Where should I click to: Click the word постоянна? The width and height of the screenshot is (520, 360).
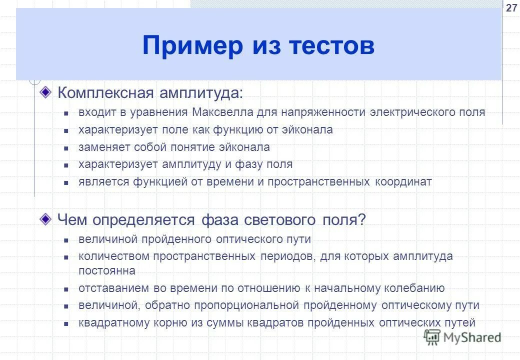106,270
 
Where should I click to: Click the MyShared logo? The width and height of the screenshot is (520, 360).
463,337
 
